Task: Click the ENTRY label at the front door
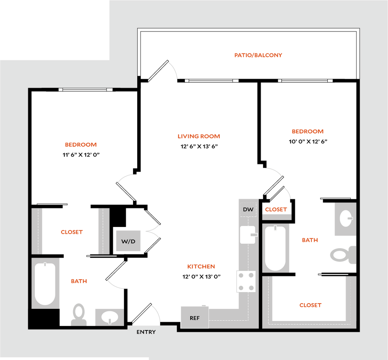click(x=146, y=332)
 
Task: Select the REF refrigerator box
click(x=194, y=318)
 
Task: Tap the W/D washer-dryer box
click(x=128, y=241)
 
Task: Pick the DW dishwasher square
click(x=248, y=210)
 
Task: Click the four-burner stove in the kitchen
click(x=246, y=282)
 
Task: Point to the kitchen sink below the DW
click(x=248, y=235)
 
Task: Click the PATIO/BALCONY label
click(x=258, y=55)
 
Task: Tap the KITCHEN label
click(x=202, y=267)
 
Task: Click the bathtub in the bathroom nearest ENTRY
click(x=45, y=283)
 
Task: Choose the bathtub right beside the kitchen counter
click(x=275, y=248)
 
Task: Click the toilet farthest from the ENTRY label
click(x=343, y=254)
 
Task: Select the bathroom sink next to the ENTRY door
click(x=110, y=316)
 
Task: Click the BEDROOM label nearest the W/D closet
click(x=81, y=145)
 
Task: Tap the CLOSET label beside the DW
click(x=275, y=209)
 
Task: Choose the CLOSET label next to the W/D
click(x=72, y=232)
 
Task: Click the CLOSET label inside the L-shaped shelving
click(x=310, y=305)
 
